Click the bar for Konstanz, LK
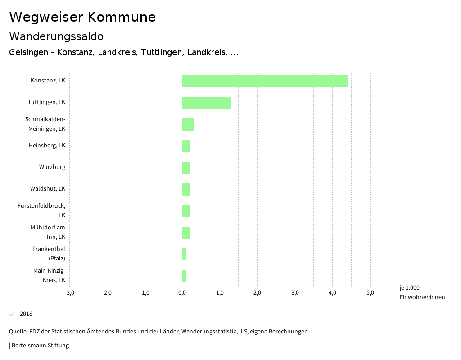(265, 81)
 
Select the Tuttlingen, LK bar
(207, 103)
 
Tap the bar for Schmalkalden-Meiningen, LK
(188, 124)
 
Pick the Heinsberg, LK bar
(186, 146)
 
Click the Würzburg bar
(186, 168)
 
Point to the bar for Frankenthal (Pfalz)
(184, 254)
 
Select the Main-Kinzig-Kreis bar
(184, 276)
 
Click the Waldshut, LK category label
(48, 188)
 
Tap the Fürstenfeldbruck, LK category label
(41, 210)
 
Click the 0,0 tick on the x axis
(182, 293)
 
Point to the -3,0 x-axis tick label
(69, 293)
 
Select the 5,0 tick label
(370, 293)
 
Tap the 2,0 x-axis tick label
(257, 293)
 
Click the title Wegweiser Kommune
(82, 17)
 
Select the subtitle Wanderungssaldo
(56, 36)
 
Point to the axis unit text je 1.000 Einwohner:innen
(422, 292)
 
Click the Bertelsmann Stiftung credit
(40, 346)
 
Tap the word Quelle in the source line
(18, 332)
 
